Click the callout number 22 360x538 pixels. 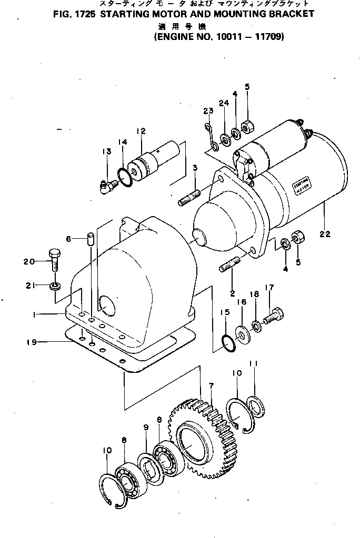click(x=324, y=235)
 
